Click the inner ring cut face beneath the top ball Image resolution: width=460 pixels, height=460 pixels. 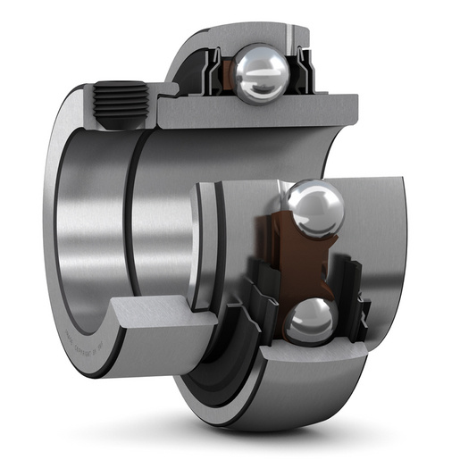(268, 111)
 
